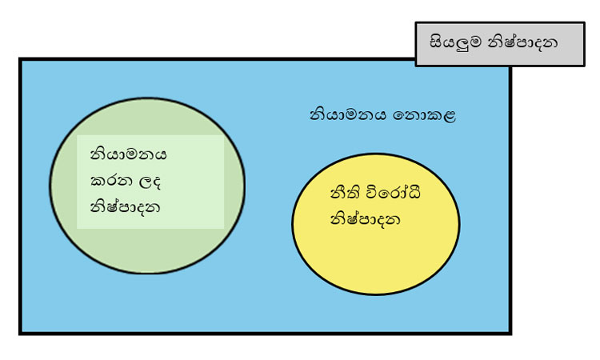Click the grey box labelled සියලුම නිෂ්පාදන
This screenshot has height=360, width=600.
(499, 44)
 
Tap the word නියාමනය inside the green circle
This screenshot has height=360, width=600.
(128, 153)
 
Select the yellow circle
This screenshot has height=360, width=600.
(376, 256)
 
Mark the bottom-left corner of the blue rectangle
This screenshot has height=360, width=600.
(20, 332)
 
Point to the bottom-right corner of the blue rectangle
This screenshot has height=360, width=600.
(510, 332)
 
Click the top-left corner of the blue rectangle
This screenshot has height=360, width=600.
(20, 59)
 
